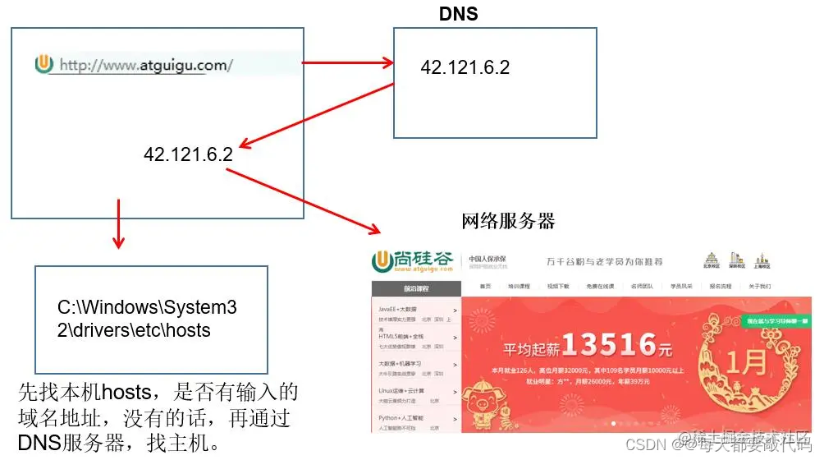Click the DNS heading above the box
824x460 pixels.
[x=458, y=13]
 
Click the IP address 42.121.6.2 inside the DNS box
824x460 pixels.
[x=465, y=67]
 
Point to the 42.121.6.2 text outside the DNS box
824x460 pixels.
[x=188, y=154]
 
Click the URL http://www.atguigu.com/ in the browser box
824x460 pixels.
[x=145, y=65]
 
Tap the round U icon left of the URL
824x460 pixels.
[x=44, y=64]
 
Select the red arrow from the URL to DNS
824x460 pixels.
[x=345, y=62]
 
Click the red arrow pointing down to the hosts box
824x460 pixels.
[x=119, y=222]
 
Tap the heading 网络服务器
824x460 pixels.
[x=508, y=220]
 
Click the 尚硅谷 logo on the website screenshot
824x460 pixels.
[x=412, y=260]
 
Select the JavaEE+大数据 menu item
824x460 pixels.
[x=403, y=309]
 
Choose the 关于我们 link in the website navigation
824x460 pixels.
[x=760, y=287]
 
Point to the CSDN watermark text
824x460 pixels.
[x=643, y=444]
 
